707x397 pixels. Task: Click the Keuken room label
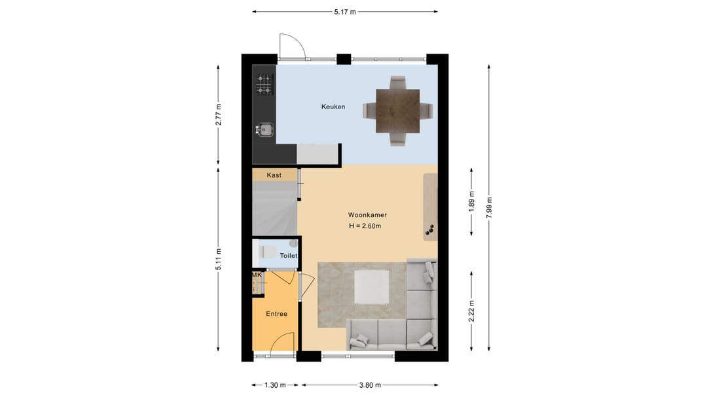tap(333, 107)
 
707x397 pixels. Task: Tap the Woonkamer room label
tap(367, 215)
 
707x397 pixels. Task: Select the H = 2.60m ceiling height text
tap(365, 226)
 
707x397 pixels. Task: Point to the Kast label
tap(274, 175)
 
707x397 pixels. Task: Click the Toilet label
tap(289, 256)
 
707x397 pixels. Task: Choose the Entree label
tap(276, 314)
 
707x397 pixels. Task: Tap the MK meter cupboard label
tap(257, 275)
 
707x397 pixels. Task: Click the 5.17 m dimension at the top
tap(345, 12)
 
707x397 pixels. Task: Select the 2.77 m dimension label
tap(219, 114)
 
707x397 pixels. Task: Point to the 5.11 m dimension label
tap(219, 260)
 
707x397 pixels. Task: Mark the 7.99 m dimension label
tap(489, 208)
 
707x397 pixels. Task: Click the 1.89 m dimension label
tap(471, 202)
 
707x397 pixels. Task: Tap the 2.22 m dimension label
tap(471, 311)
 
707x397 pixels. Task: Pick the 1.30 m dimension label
tap(275, 385)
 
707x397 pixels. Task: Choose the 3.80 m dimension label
tap(370, 385)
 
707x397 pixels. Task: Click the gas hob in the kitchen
tap(264, 84)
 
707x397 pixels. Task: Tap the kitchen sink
tap(265, 130)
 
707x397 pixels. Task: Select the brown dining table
tap(398, 111)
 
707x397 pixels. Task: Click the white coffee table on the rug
tap(372, 286)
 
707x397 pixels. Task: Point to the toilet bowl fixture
tap(269, 252)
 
